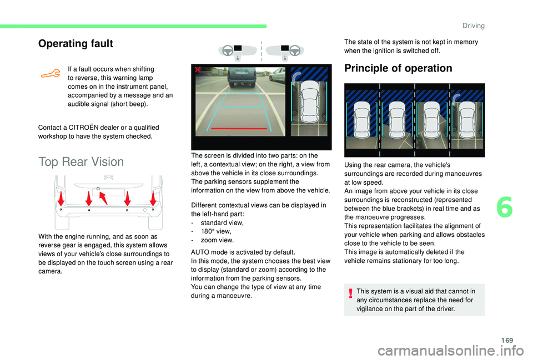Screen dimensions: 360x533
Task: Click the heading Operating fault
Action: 76,43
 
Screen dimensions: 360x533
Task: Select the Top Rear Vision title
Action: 81,161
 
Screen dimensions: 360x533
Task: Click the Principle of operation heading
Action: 398,68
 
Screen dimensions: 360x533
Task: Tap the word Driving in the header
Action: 473,26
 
